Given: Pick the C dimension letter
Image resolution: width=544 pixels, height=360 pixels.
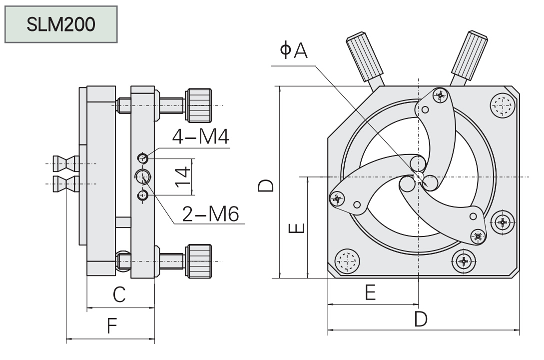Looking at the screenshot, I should coord(119,294).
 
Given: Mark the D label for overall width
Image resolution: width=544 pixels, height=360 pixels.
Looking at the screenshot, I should coord(421,318).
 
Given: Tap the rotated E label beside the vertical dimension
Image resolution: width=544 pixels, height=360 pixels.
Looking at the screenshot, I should coord(296,228).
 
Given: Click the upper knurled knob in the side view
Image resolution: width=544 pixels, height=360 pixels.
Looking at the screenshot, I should coord(199,105).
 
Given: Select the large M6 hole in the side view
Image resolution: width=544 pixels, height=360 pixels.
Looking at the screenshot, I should coord(143,175).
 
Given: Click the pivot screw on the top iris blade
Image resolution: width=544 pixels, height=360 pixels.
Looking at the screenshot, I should coord(440,96).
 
